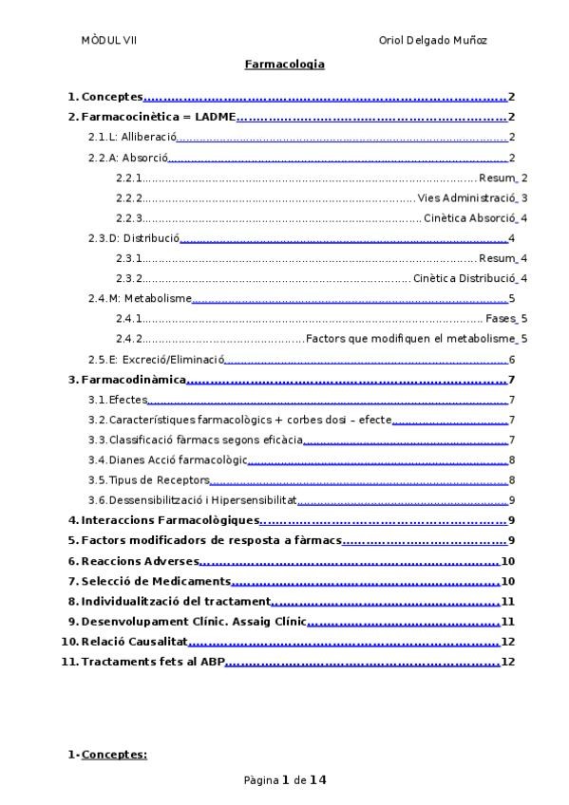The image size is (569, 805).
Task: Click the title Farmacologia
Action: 284,65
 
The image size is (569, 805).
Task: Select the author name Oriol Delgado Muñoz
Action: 433,41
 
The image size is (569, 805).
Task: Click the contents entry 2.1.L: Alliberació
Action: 133,138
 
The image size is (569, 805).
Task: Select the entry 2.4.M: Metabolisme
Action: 141,299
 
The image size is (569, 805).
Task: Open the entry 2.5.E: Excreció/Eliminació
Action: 156,360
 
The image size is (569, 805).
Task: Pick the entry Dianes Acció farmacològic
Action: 177,460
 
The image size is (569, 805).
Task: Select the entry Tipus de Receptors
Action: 159,480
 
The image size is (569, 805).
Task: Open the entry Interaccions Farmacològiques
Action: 170,520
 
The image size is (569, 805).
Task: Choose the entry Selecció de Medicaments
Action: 156,581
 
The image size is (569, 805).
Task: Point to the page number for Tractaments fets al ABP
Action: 507,662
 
